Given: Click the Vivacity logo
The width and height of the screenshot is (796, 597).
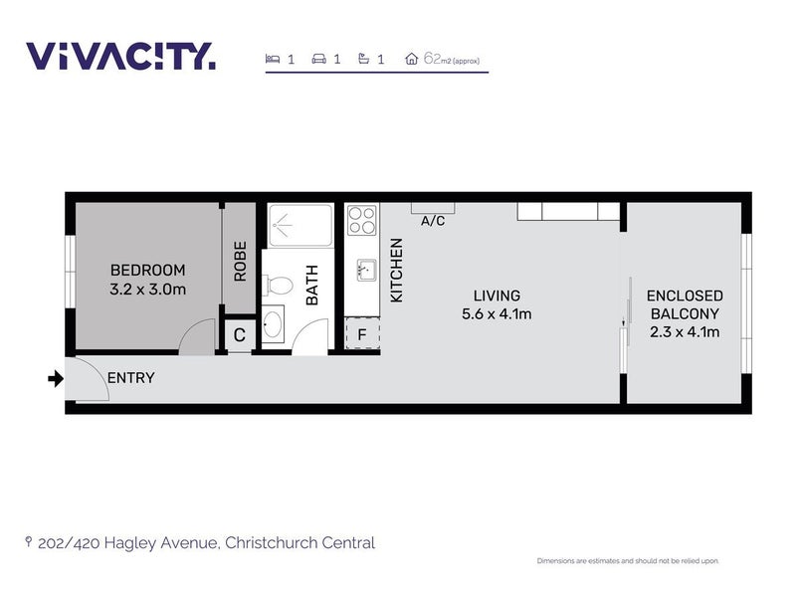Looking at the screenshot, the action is click(x=120, y=56).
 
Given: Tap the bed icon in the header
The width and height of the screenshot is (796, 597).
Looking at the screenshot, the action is click(x=273, y=59).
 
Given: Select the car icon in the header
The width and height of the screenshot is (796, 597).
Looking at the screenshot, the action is click(x=318, y=59).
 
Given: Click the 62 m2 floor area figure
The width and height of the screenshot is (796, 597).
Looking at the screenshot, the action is click(x=452, y=59).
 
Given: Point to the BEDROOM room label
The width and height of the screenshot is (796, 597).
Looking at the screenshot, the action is click(x=147, y=270).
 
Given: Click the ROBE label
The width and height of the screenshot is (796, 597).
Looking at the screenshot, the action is click(x=240, y=261).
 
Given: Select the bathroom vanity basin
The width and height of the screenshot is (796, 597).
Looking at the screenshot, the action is click(x=273, y=324).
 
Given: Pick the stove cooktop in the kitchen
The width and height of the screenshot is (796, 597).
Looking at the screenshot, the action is click(x=362, y=220).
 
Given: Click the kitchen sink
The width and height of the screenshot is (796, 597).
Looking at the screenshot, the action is click(x=366, y=270).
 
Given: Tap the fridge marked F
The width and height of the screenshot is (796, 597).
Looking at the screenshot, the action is click(x=362, y=334).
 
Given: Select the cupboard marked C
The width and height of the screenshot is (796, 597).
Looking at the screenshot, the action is click(x=240, y=335).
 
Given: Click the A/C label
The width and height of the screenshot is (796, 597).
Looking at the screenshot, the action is click(x=433, y=221).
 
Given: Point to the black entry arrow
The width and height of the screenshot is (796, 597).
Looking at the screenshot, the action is click(x=56, y=379).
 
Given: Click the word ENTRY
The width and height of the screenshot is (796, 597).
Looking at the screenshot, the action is click(x=131, y=378).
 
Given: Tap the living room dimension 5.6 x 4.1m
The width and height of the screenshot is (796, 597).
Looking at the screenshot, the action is click(x=497, y=314).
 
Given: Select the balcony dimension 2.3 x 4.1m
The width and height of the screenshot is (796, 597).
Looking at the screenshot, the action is click(x=685, y=332).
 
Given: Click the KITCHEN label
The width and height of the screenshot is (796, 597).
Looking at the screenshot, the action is click(x=396, y=271).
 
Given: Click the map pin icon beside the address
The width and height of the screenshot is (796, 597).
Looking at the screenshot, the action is click(x=29, y=542).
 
